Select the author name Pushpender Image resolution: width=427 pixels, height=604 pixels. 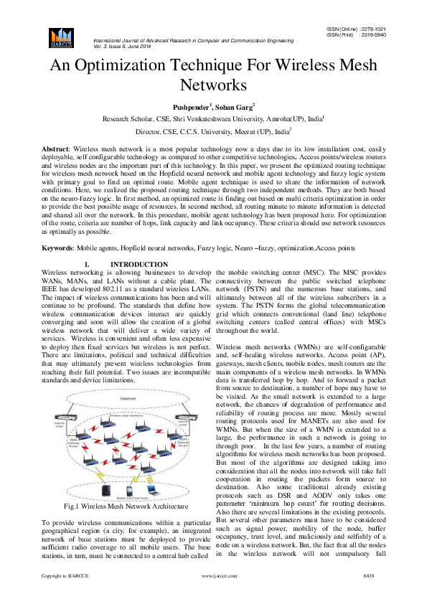pos(188,106)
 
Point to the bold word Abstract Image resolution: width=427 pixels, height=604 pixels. pos(56,147)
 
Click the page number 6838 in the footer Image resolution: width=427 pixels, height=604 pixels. pos(370,595)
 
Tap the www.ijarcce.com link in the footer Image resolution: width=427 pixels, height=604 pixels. pos(218,595)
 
